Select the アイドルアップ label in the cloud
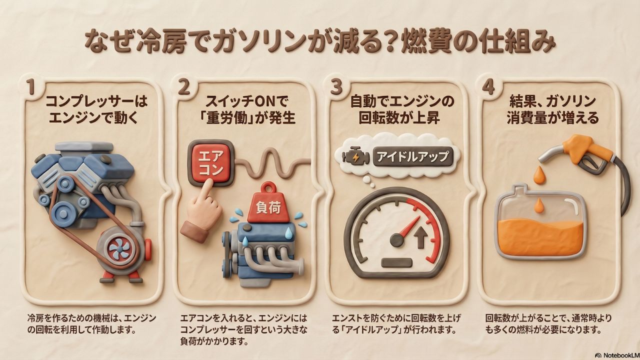click(413, 156)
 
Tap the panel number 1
click(30, 86)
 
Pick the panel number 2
click(183, 86)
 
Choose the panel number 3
click(336, 86)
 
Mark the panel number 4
click(488, 86)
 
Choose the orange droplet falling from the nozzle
click(539, 174)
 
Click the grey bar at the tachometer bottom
click(396, 262)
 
